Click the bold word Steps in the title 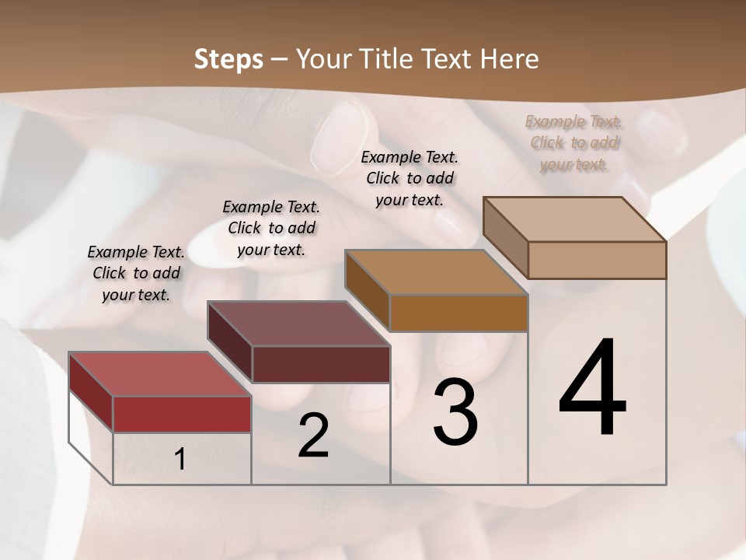[228, 59]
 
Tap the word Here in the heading [510, 59]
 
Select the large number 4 [592, 389]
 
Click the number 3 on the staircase [455, 412]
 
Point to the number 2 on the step [313, 436]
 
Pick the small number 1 [180, 459]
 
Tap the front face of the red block [182, 414]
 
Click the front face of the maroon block [321, 364]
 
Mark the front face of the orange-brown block [458, 313]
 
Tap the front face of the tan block [597, 260]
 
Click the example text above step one [136, 273]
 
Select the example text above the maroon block [271, 228]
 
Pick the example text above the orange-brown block [410, 178]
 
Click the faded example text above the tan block [574, 142]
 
